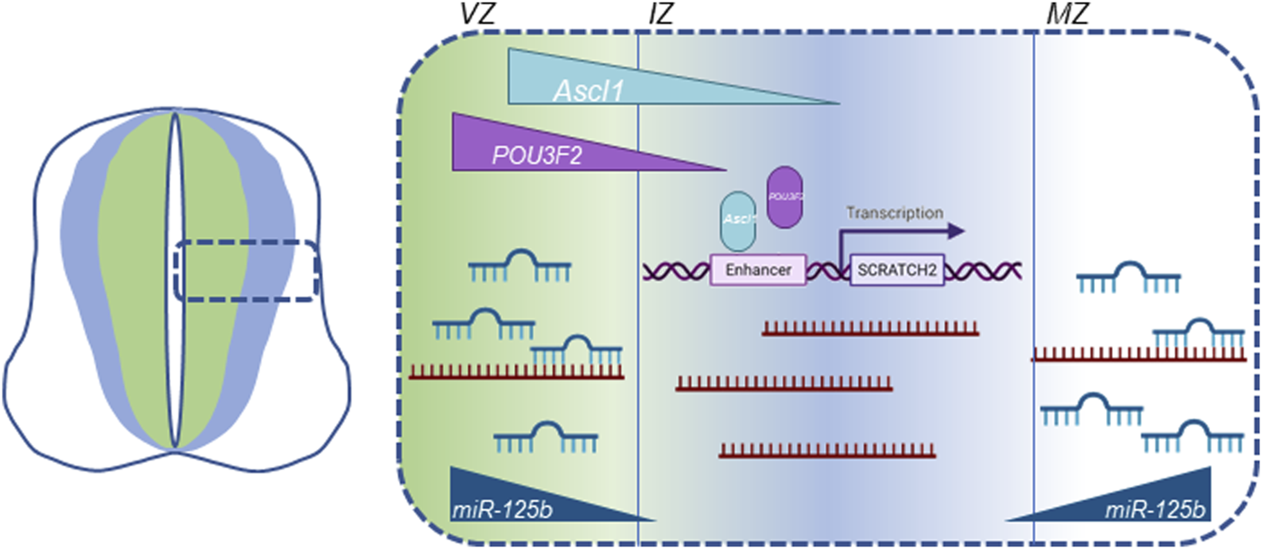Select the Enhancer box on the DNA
tap(758, 270)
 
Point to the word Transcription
tap(894, 212)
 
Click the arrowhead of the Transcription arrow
tap(957, 230)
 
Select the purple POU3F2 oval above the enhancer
tap(784, 196)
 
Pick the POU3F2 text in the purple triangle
tap(532, 156)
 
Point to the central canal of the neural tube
tap(174, 281)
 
